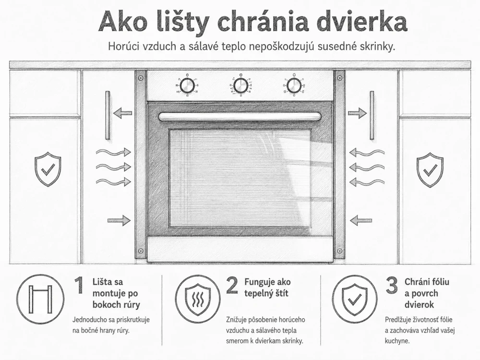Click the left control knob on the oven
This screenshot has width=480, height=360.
pos(187,85)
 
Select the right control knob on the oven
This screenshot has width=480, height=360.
pos(294,85)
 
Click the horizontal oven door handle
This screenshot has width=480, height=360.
pos(240,117)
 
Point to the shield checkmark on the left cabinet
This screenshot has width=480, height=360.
pos(48,169)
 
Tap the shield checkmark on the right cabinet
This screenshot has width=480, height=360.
pos(430,170)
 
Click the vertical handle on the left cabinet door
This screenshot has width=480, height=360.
pos(108,115)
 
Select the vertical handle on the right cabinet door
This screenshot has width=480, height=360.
pos(372,115)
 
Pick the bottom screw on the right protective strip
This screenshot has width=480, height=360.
pos(339,251)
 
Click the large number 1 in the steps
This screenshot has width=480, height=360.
pos(79,285)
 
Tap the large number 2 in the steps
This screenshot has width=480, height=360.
pos(232,285)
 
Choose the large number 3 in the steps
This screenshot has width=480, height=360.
pos(392,285)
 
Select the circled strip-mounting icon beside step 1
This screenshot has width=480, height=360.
pos(40,299)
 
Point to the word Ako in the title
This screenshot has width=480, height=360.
pos(122,22)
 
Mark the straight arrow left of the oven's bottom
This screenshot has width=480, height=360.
pos(119,220)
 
